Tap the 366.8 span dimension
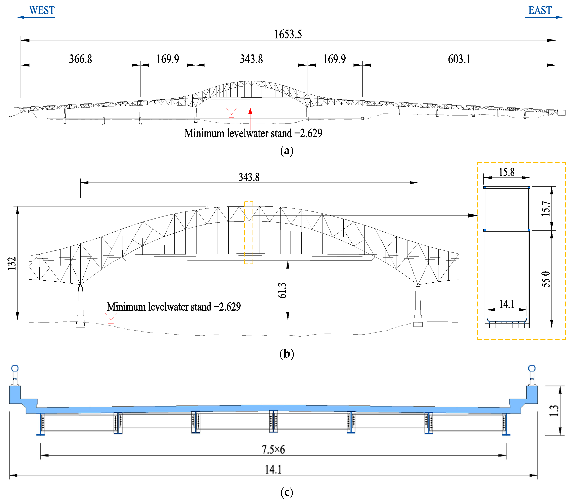[x=80, y=59]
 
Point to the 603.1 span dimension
[x=459, y=59]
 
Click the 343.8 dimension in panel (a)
[x=251, y=59]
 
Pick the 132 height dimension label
[x=12, y=263]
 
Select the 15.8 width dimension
[x=507, y=172]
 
